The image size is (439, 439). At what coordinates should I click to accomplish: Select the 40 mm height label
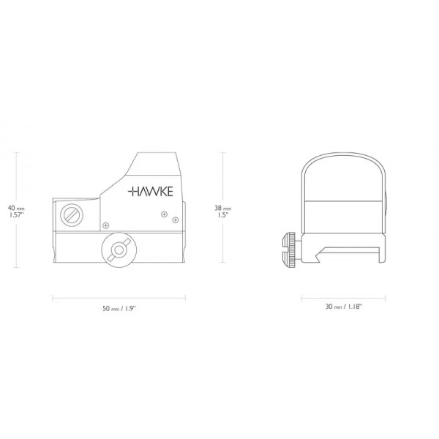pos(15,207)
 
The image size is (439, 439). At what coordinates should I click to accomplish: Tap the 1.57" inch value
pos(15,216)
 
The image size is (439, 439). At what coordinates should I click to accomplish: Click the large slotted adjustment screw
pos(71,216)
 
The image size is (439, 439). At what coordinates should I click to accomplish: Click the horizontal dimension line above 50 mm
pos(118,297)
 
